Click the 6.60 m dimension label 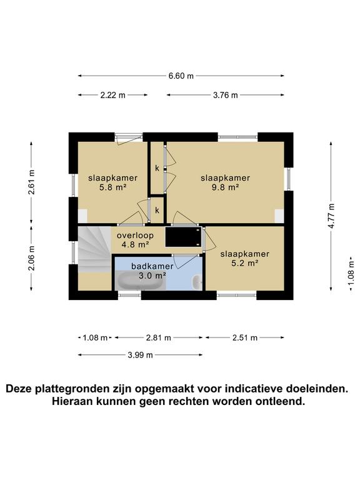[181, 76]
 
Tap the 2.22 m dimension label [113, 95]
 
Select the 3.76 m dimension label [225, 95]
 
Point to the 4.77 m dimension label [331, 215]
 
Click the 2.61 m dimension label [31, 182]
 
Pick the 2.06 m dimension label [31, 258]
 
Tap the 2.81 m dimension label [159, 337]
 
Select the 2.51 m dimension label [245, 337]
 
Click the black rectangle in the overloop [184, 237]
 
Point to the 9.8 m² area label [225, 187]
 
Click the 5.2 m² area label [244, 263]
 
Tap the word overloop [133, 235]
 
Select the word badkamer [152, 266]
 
